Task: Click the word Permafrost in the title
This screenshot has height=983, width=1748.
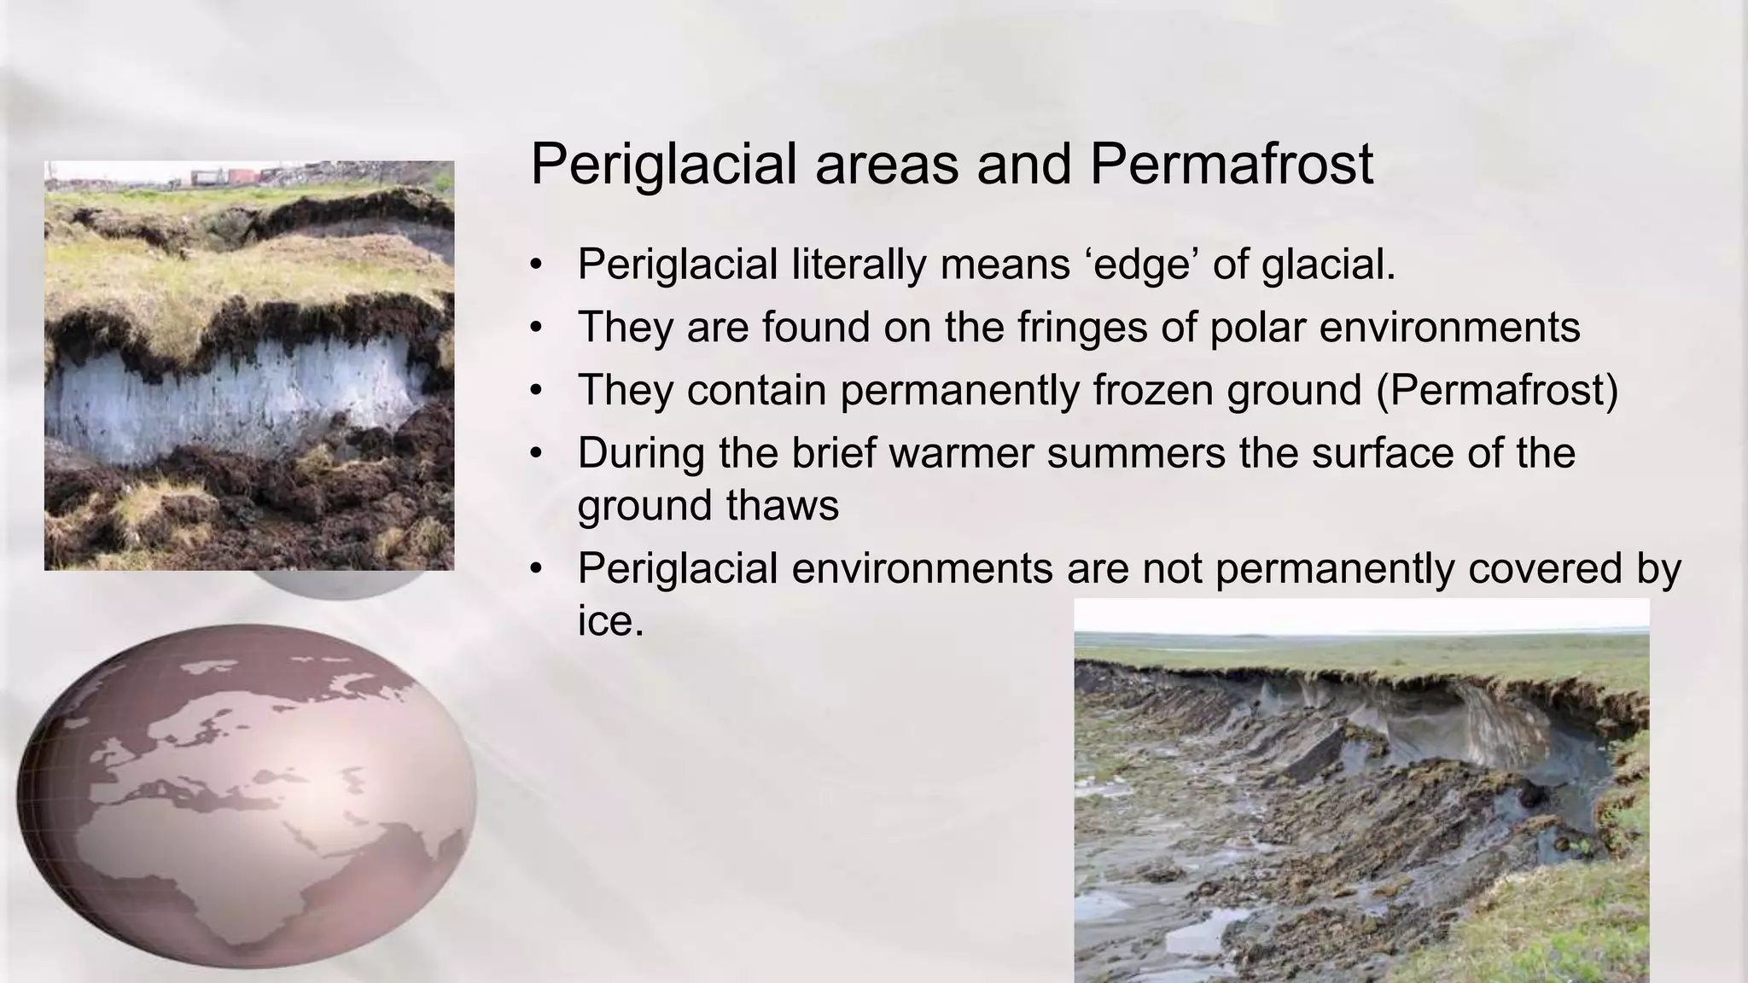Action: pyautogui.click(x=1231, y=164)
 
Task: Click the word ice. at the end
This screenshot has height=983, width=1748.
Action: pyautogui.click(x=609, y=620)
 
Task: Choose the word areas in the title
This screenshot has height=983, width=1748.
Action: pyautogui.click(x=886, y=164)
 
